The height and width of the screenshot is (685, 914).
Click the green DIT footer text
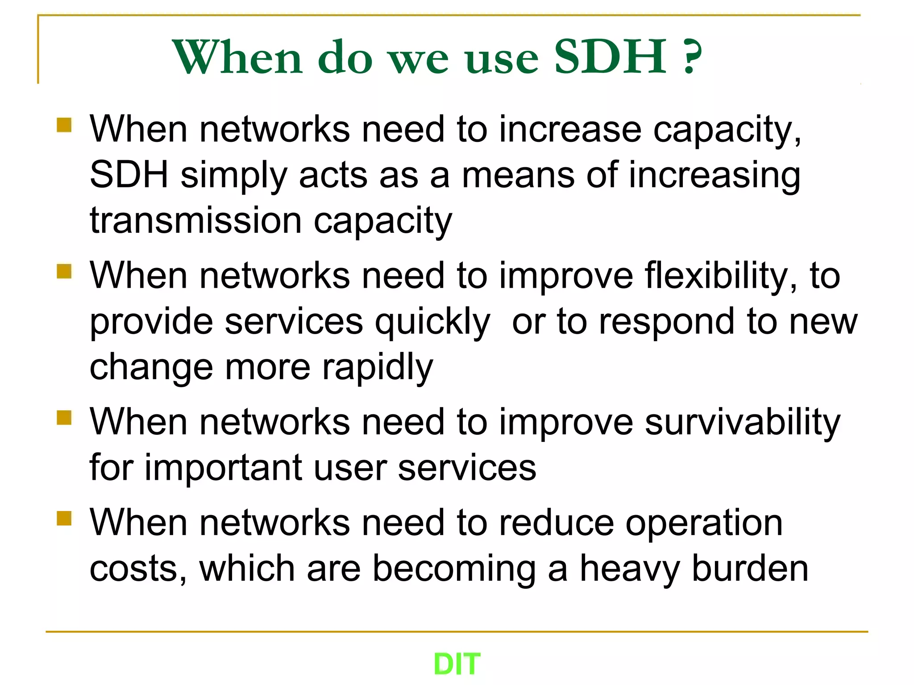(x=457, y=664)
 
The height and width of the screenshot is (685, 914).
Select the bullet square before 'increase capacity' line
(x=64, y=125)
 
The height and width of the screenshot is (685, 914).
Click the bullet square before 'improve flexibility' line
(x=64, y=271)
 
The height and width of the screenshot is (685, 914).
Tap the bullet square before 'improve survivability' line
(x=64, y=418)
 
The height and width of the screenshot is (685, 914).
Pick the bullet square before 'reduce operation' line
(x=64, y=518)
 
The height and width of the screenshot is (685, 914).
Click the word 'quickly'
(x=432, y=322)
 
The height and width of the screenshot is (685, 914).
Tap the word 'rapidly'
(x=377, y=367)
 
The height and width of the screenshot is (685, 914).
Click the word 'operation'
(x=704, y=523)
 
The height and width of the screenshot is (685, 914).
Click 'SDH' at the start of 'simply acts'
(x=129, y=175)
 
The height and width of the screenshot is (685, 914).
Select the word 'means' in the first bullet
(x=518, y=175)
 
